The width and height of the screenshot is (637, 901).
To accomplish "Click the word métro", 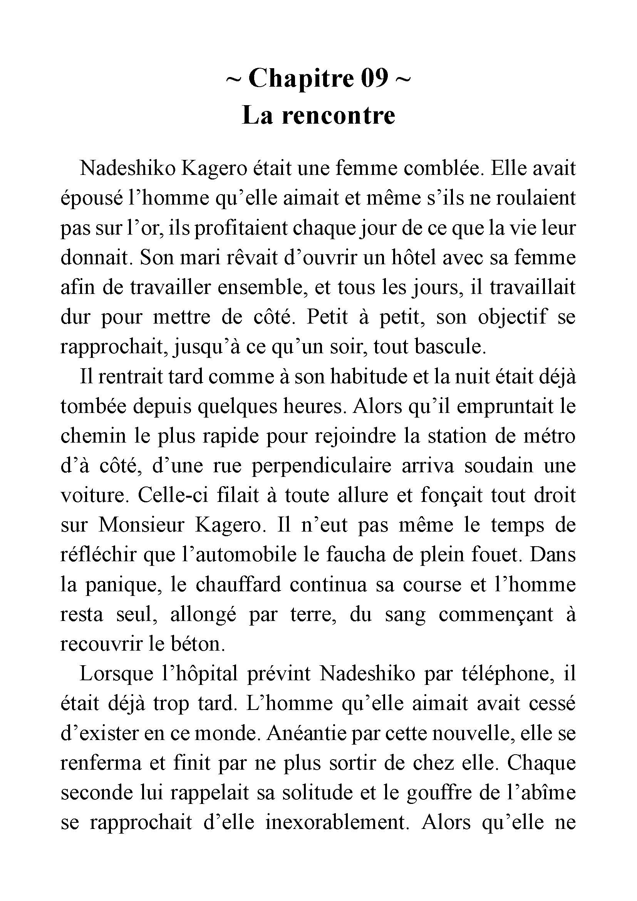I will coord(549,436).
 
